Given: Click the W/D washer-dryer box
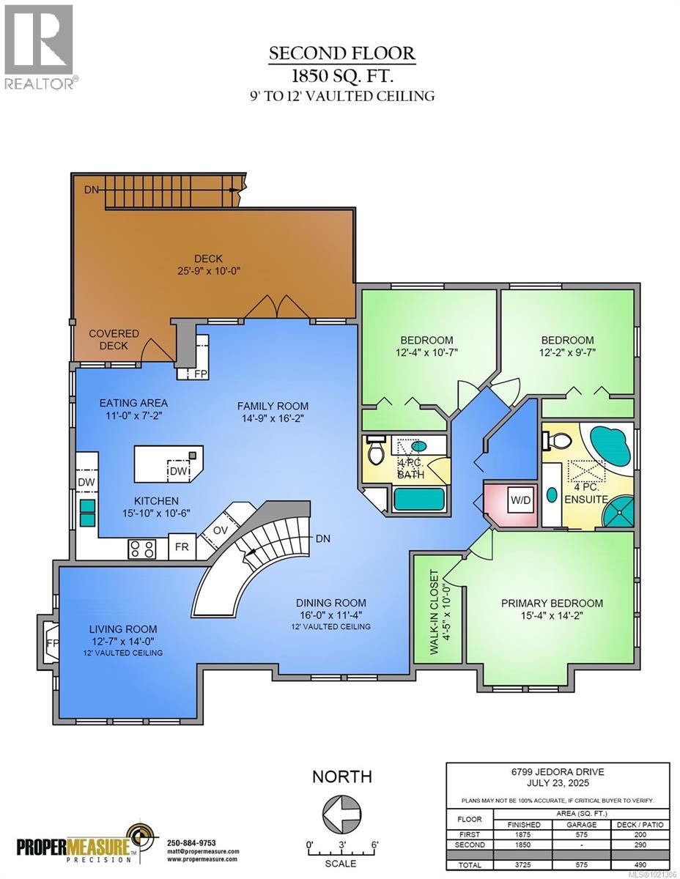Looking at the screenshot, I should coord(520,502).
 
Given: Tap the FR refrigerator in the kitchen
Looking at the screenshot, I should coord(180,548).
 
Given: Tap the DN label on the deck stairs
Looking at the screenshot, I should coord(92,190).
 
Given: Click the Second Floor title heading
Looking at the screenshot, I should coord(341,53).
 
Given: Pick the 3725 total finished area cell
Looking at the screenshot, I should coord(525,864).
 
